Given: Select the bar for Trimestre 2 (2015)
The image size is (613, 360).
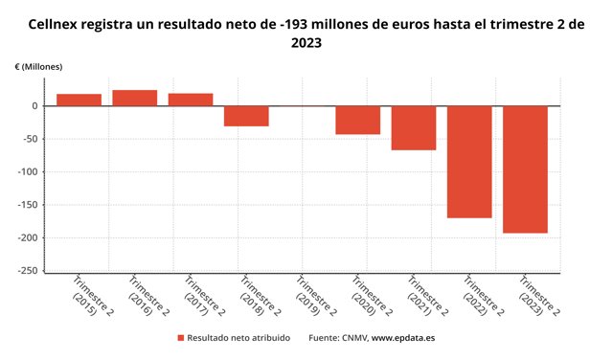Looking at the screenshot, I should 79,100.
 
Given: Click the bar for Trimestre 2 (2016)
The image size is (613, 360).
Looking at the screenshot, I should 134,98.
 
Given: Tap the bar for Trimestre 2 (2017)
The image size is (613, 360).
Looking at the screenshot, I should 191,100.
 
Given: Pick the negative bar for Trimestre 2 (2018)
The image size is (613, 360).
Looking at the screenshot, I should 246,116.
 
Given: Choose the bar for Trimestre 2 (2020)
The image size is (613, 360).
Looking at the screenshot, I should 357,120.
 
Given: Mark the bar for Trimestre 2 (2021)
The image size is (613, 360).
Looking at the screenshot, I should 414,127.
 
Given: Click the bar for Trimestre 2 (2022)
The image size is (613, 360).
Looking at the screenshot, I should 469,162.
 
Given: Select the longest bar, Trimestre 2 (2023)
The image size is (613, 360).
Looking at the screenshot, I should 525,169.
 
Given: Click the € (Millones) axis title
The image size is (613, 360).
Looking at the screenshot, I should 39,66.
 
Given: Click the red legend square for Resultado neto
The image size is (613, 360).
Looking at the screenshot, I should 180,338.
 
